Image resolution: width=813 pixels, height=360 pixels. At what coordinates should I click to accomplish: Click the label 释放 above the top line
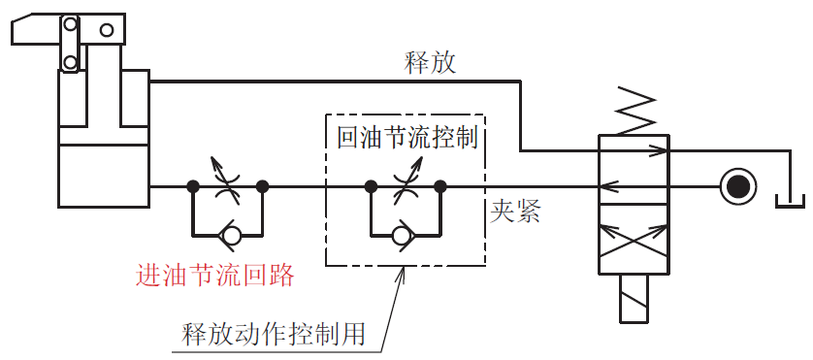click(430, 64)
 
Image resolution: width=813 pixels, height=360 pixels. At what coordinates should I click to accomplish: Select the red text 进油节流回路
click(215, 276)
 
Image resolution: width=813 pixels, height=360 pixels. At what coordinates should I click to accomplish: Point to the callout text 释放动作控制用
click(275, 334)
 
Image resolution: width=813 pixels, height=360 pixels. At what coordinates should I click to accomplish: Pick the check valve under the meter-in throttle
click(228, 234)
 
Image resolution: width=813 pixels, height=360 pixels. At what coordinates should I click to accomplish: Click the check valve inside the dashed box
click(405, 234)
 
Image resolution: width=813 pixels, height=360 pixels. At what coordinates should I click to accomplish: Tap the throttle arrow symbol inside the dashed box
click(405, 184)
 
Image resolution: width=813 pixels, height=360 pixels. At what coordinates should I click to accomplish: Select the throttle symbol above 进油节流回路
click(228, 183)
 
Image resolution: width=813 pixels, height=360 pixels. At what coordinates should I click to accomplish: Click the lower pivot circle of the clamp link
click(70, 63)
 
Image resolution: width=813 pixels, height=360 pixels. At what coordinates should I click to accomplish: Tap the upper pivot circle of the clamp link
click(69, 24)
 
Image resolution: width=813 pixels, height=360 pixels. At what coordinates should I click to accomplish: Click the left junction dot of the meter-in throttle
click(193, 184)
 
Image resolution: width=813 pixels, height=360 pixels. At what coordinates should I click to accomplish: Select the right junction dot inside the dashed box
click(439, 184)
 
